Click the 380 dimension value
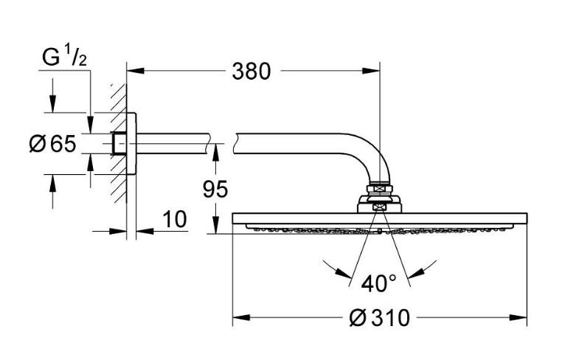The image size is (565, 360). [x=252, y=72]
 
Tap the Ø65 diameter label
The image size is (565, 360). [x=52, y=143]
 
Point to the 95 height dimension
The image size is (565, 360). [x=215, y=190]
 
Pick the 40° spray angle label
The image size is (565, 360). [x=379, y=283]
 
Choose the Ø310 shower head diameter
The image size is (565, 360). [x=379, y=319]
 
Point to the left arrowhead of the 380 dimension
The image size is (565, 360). [x=133, y=72]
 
